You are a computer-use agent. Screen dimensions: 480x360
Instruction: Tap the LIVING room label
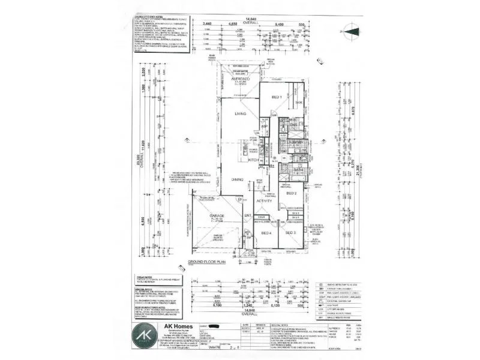[241, 113]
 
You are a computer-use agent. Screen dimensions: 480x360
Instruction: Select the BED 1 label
[277, 97]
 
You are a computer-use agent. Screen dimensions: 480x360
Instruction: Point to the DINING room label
[237, 180]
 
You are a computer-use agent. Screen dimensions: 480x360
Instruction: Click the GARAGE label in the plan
[217, 215]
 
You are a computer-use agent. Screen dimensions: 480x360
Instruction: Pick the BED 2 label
[292, 193]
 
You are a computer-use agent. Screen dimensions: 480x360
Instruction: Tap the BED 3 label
[290, 232]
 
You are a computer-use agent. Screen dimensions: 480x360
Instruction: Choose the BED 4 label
[266, 233]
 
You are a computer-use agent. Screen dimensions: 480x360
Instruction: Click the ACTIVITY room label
[264, 201]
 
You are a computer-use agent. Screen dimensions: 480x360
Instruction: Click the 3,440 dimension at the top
[209, 23]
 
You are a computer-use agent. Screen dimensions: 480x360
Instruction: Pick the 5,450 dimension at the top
[278, 23]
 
